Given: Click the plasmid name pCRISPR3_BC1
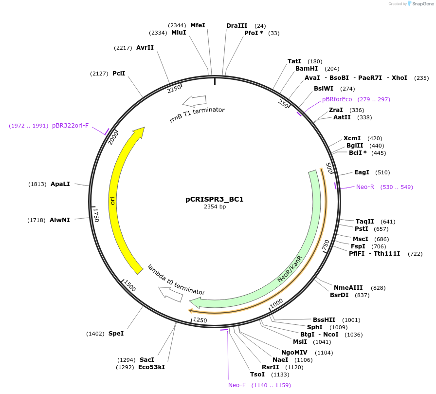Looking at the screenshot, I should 215,199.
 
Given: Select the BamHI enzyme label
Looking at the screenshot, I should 307,69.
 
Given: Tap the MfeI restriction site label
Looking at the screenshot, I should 198,25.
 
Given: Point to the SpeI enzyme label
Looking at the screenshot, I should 116,334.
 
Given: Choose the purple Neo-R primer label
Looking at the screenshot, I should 365,187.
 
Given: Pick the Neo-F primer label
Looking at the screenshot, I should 237,385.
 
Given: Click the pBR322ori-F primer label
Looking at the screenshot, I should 71,126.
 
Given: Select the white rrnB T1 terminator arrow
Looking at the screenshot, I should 194,101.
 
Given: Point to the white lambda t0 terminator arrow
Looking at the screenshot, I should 170,293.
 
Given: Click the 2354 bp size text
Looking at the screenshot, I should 215,207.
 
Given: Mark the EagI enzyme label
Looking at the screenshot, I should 362,172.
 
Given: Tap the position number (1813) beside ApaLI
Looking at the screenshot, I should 37,184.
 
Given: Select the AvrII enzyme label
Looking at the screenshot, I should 145,48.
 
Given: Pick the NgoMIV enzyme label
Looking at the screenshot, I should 294,352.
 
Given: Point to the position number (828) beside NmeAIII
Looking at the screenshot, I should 378,288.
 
